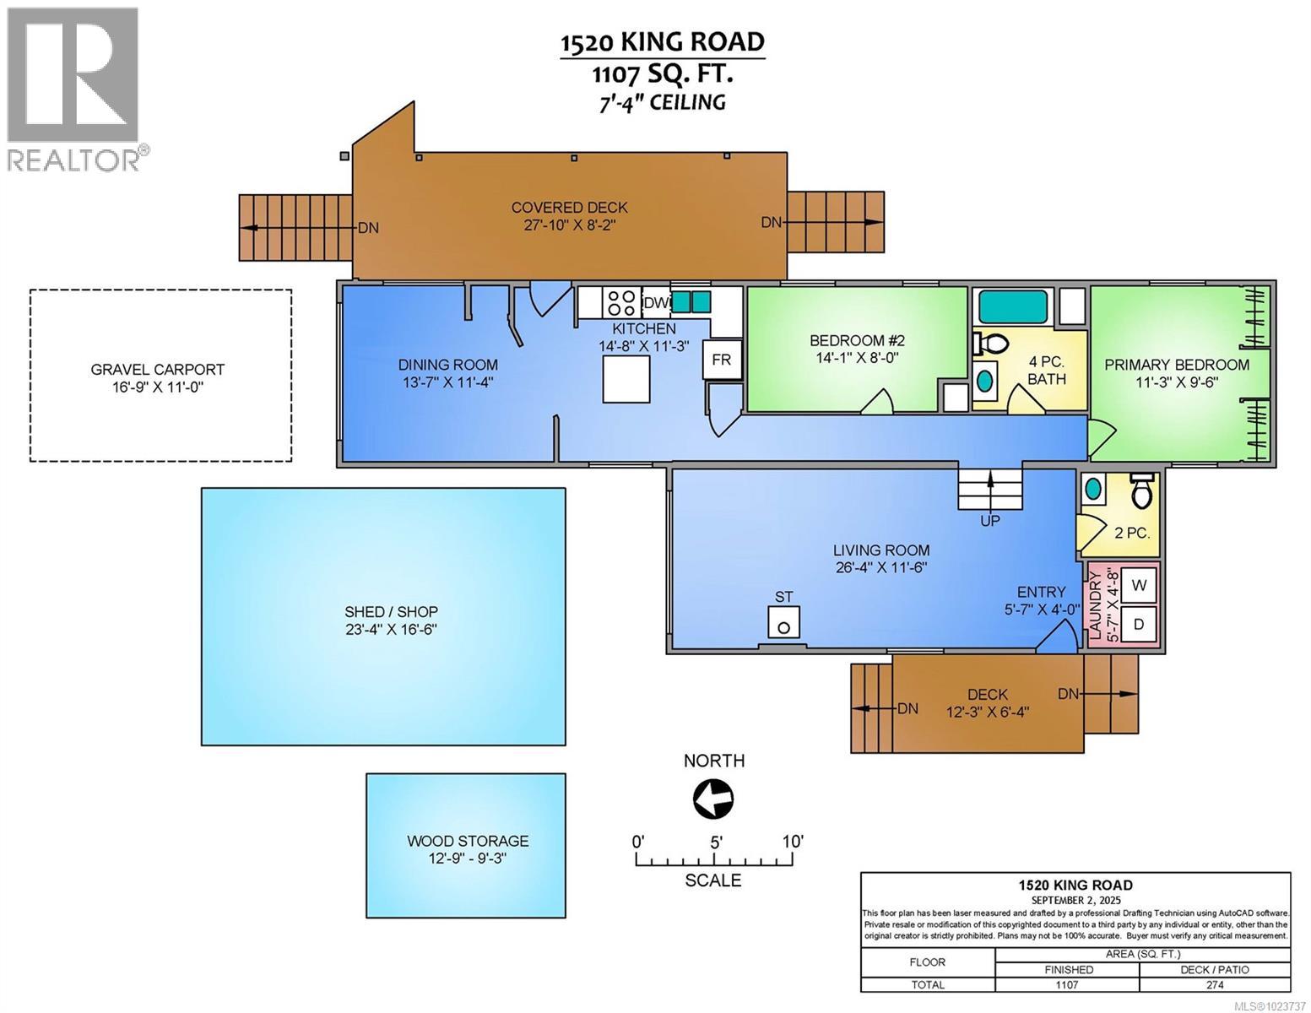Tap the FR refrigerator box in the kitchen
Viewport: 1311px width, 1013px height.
click(721, 360)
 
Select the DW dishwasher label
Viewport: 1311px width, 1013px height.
click(655, 302)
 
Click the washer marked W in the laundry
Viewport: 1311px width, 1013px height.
click(1139, 584)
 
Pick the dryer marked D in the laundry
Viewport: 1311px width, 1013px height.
click(1139, 625)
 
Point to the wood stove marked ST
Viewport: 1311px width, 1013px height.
click(784, 625)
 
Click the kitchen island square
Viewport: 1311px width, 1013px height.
click(626, 378)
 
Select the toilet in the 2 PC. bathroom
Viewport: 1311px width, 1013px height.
click(1140, 491)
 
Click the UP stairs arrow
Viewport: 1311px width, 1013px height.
click(989, 490)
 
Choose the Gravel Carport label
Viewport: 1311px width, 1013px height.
click(158, 369)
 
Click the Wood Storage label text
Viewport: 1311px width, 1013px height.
click(468, 841)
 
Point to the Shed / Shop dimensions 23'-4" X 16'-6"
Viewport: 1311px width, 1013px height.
click(391, 630)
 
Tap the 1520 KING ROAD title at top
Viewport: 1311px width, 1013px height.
click(663, 41)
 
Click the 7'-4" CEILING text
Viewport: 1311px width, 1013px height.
click(663, 102)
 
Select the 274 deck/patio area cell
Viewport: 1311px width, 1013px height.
click(1215, 984)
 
